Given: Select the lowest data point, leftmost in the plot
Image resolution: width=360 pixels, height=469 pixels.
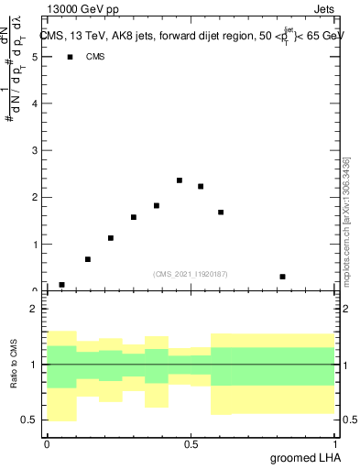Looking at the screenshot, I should pyautogui.click(x=61, y=285).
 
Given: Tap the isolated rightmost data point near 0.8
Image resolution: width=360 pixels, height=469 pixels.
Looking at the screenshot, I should pyautogui.click(x=283, y=277).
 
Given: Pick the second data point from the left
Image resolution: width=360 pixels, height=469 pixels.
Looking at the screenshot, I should pyautogui.click(x=88, y=259).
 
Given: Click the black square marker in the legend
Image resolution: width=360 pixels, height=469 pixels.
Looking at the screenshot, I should pyautogui.click(x=70, y=57).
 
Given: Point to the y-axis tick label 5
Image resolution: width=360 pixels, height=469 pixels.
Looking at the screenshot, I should pyautogui.click(x=35, y=57).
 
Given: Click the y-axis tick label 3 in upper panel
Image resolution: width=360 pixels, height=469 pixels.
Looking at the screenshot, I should pyautogui.click(x=35, y=150).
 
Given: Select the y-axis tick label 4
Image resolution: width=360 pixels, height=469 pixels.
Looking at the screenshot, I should pyautogui.click(x=35, y=104).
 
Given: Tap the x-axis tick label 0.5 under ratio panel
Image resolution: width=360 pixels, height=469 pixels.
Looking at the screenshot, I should pyautogui.click(x=191, y=444).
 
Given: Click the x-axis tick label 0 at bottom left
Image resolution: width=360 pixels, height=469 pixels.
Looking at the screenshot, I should pyautogui.click(x=47, y=444).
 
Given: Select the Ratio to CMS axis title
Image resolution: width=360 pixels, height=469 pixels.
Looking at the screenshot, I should pyautogui.click(x=14, y=364).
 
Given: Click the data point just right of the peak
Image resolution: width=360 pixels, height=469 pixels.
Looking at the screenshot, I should pyautogui.click(x=201, y=186).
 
